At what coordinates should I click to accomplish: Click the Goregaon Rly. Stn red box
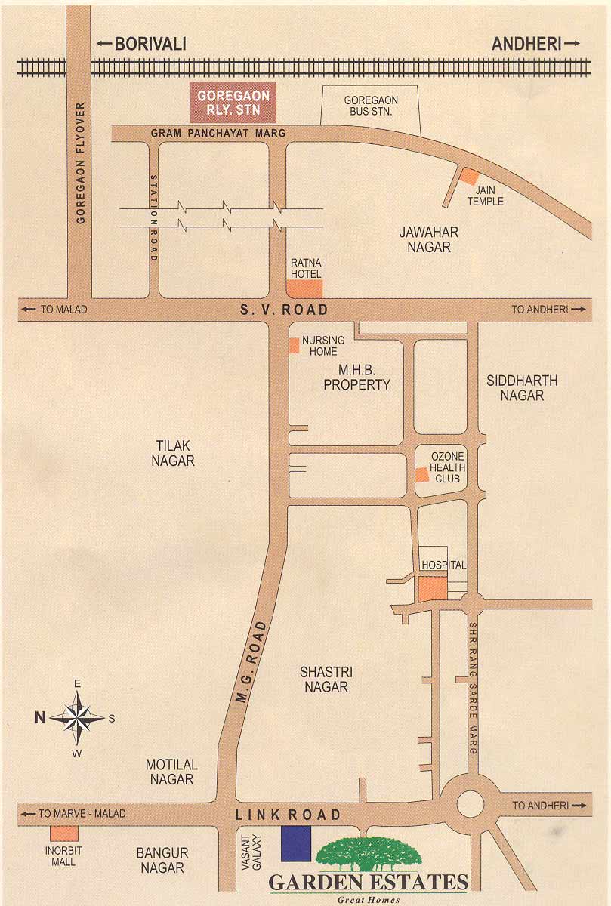click(233, 103)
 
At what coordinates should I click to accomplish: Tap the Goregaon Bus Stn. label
click(371, 106)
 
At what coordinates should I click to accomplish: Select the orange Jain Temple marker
click(470, 175)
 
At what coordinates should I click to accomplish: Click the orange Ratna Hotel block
click(304, 288)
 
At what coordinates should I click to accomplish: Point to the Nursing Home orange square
click(294, 345)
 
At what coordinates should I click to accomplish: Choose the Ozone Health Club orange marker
click(421, 474)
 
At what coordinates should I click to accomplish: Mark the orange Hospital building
click(433, 589)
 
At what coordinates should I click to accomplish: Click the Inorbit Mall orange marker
click(64, 834)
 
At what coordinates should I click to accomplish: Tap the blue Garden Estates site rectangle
click(296, 843)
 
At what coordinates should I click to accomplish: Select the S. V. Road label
click(284, 310)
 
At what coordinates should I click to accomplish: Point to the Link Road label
click(289, 815)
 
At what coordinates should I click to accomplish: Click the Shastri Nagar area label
click(326, 679)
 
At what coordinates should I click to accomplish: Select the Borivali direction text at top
click(150, 45)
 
